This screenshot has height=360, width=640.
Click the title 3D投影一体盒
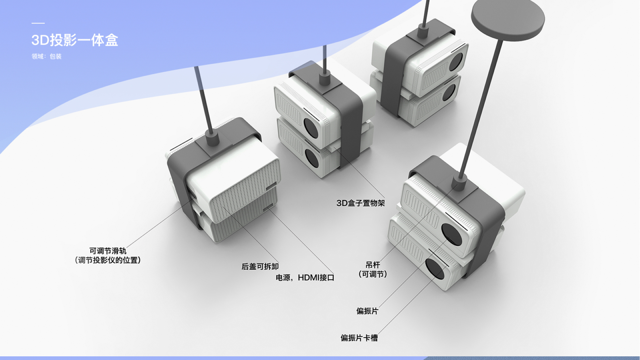click(75, 40)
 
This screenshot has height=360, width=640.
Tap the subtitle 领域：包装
click(47, 57)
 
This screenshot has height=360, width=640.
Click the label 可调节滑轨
click(108, 251)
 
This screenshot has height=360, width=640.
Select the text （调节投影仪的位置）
click(108, 260)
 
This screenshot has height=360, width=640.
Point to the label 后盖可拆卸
click(260, 267)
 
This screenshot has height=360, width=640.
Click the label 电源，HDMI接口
click(305, 278)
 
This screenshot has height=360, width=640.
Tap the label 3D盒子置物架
click(361, 203)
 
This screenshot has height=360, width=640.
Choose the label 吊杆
click(373, 265)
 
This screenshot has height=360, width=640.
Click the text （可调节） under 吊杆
click(373, 274)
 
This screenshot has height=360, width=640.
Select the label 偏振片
click(367, 311)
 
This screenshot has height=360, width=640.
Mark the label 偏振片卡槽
click(359, 338)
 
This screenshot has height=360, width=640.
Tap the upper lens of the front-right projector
click(452, 234)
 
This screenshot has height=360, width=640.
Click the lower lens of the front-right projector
click(435, 268)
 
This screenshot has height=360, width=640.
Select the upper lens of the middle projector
click(311, 128)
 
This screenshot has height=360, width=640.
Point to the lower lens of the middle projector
click(312, 159)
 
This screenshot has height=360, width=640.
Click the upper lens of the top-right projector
click(456, 62)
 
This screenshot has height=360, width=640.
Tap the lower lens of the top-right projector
click(449, 92)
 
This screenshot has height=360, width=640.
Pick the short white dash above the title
click(38, 23)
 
